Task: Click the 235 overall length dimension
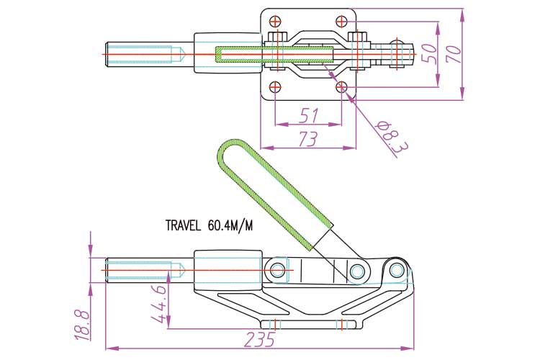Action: coord(260,340)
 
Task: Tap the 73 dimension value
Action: coord(307,139)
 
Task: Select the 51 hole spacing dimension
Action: coord(309,115)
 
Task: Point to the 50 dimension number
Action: coord(430,53)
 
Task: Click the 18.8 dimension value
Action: coord(83,325)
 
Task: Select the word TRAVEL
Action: coord(183,225)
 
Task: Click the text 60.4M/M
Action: coord(230,225)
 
